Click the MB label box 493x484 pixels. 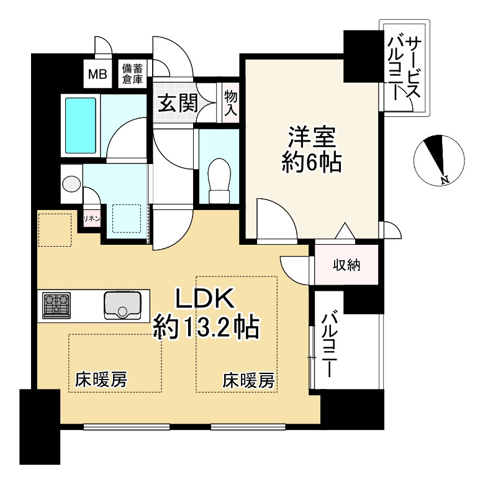97,75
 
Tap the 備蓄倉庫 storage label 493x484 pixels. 132,74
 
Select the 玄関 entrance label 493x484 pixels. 177,103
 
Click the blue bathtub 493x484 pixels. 81,124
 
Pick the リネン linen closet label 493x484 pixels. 92,219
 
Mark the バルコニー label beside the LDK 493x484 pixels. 330,345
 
